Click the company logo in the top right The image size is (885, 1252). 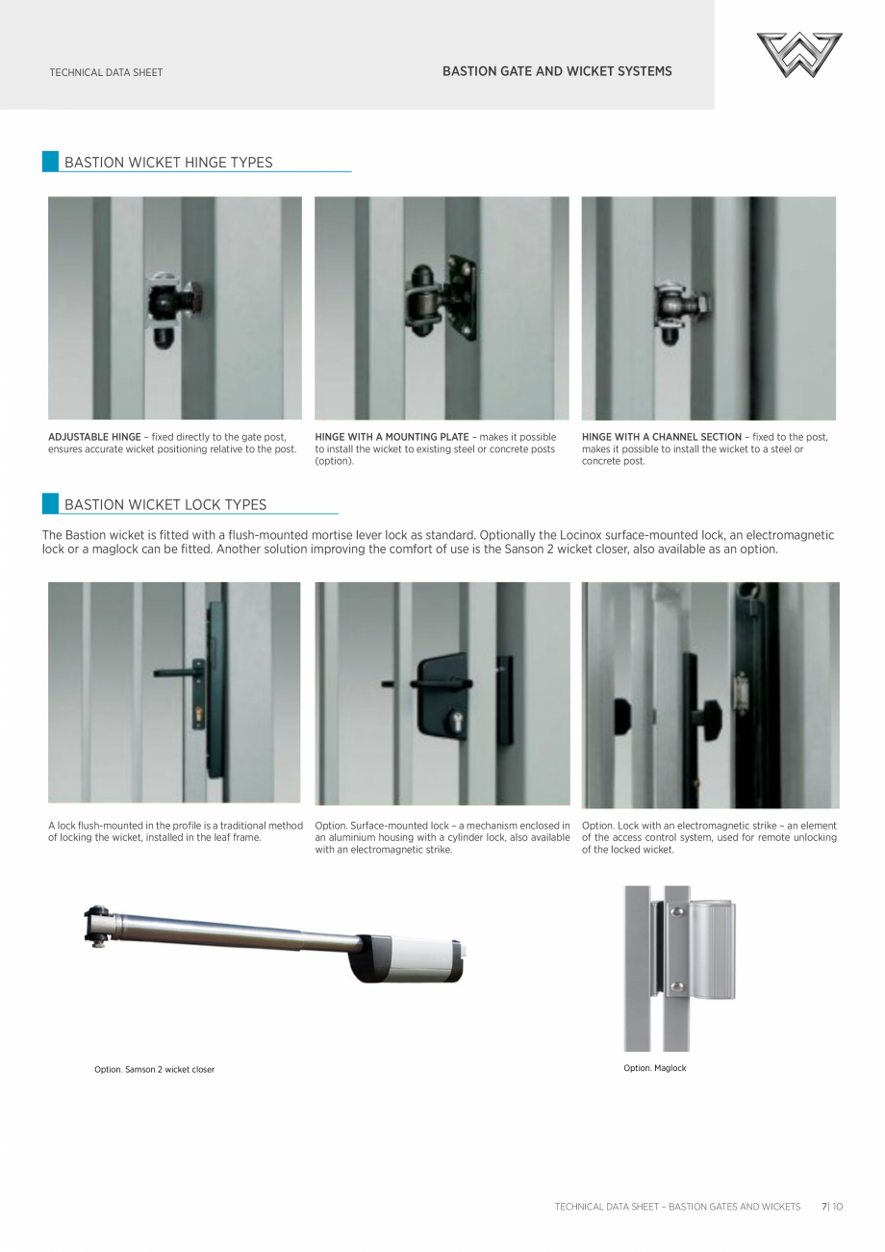(x=798, y=55)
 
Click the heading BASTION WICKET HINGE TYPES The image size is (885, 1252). (x=168, y=163)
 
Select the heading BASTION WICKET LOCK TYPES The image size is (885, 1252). (x=165, y=504)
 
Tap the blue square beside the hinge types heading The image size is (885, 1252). (x=50, y=162)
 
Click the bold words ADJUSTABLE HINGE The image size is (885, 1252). (x=94, y=437)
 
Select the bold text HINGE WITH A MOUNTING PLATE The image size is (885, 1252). (x=392, y=437)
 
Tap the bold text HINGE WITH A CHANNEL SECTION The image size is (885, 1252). (x=662, y=437)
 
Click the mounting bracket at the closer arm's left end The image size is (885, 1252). (x=97, y=924)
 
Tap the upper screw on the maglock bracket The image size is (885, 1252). (x=676, y=912)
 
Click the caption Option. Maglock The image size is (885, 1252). (x=654, y=1068)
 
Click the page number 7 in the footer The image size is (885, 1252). (x=823, y=1206)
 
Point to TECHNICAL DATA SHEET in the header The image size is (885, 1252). (x=106, y=72)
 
